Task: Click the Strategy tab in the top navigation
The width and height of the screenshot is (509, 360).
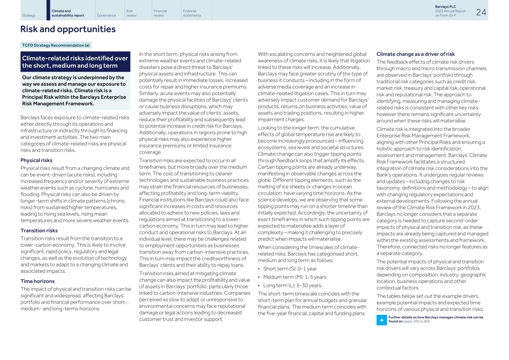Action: (29, 15)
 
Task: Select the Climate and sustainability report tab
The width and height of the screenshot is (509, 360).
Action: (67, 13)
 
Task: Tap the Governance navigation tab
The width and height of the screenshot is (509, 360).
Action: (106, 15)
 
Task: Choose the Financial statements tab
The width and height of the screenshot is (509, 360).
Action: (192, 13)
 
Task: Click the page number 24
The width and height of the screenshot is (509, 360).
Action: (481, 12)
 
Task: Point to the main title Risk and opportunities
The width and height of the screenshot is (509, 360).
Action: (68, 29)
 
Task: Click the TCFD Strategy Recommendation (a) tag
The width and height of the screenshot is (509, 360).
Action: (56, 45)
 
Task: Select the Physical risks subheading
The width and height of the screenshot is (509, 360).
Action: (36, 160)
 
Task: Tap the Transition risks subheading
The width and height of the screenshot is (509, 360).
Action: (39, 231)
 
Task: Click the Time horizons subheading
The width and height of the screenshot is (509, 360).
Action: (37, 281)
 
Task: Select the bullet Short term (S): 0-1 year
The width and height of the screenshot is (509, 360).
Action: (290, 269)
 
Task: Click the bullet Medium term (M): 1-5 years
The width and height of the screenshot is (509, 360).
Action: (295, 277)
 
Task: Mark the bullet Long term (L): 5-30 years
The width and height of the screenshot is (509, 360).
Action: (292, 285)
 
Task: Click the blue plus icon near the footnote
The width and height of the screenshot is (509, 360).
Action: (381, 320)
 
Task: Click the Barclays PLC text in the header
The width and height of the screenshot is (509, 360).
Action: (445, 7)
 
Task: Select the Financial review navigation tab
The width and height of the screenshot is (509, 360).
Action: (160, 13)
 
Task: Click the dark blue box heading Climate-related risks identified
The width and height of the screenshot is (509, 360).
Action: (75, 62)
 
